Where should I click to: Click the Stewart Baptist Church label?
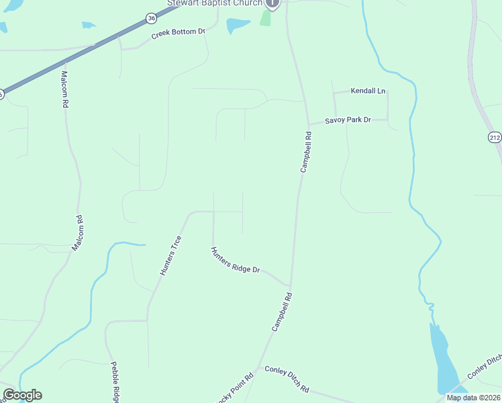click(215, 3)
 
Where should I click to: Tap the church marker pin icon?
click(272, 3)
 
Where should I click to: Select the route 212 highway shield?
click(495, 137)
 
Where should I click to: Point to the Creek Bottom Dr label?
click(177, 33)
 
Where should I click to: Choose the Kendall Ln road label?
click(368, 91)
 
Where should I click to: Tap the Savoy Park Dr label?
click(348, 120)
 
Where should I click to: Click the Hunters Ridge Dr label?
click(235, 260)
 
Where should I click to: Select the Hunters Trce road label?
click(170, 255)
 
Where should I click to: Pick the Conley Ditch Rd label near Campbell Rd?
click(287, 379)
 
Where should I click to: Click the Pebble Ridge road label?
click(115, 380)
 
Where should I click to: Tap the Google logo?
click(22, 395)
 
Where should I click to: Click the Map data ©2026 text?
click(473, 398)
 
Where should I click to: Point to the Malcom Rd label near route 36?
click(65, 89)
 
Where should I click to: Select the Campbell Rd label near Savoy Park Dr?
click(306, 152)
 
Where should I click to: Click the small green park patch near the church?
click(266, 18)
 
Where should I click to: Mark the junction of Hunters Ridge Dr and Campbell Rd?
click(291, 285)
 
